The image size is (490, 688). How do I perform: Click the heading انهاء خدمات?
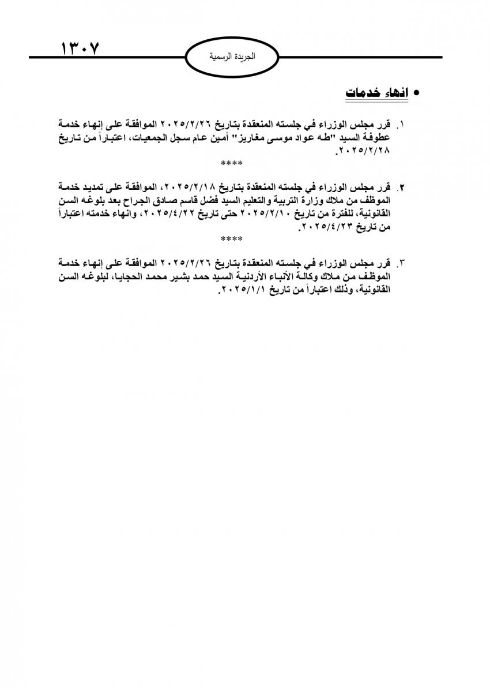tap(376, 93)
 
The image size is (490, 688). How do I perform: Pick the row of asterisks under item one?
tap(232, 164)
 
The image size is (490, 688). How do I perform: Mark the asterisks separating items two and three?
tap(232, 238)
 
